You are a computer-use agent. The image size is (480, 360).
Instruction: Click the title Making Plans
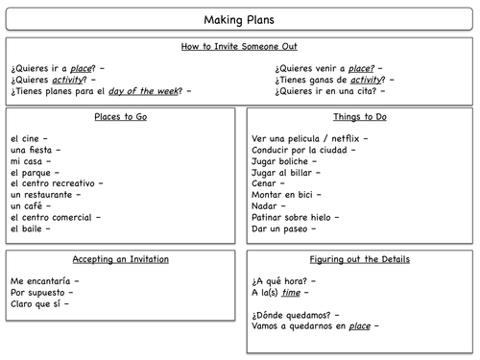pos(239,20)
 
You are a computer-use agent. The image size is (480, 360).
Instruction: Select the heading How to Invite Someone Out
pos(239,46)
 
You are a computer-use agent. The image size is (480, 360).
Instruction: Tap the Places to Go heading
pos(121,117)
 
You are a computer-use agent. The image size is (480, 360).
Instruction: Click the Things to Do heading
pos(359,117)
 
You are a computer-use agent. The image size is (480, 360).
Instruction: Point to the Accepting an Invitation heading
pos(121,259)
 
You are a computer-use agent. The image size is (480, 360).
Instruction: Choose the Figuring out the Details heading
pos(359,259)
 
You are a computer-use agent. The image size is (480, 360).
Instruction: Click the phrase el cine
pos(27,138)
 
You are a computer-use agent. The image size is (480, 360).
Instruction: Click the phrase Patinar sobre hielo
pos(298,217)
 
